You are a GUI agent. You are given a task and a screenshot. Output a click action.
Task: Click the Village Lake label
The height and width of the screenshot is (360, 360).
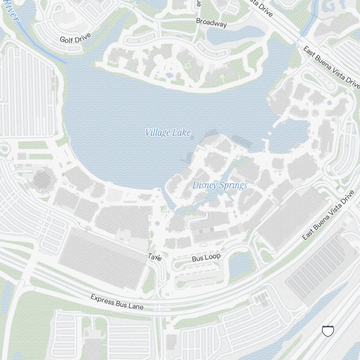(x=168, y=133)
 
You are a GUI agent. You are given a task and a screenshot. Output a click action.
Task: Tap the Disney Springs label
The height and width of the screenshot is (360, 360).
(x=220, y=185)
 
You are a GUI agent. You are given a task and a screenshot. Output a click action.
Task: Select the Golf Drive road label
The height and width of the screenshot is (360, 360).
(x=75, y=37)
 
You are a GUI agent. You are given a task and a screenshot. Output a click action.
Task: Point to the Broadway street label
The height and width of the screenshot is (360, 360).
(x=211, y=23)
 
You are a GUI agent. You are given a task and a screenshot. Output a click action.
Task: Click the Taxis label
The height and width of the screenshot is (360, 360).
(x=155, y=257)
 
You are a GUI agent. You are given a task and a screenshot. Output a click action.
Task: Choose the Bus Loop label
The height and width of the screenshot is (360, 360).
(x=206, y=257)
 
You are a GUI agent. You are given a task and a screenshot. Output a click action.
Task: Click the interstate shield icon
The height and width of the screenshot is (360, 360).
(x=328, y=330)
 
